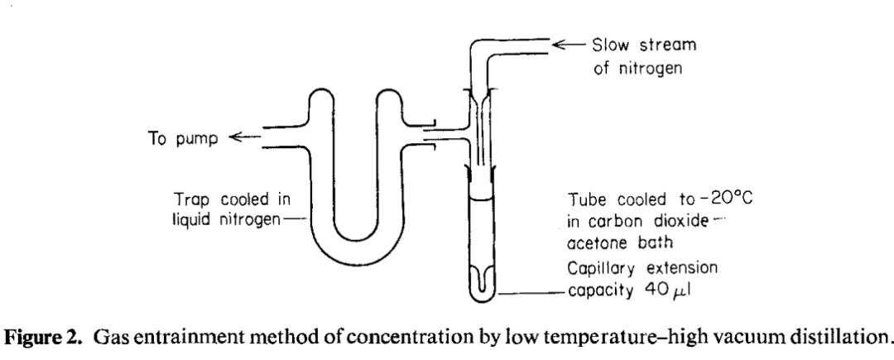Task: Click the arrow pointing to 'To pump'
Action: [x=243, y=137]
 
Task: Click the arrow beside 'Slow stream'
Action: [x=569, y=45]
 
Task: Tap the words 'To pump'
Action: [x=183, y=138]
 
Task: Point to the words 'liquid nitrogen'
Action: [x=226, y=220]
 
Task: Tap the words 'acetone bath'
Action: [x=620, y=242]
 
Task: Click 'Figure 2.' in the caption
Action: [x=45, y=337]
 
